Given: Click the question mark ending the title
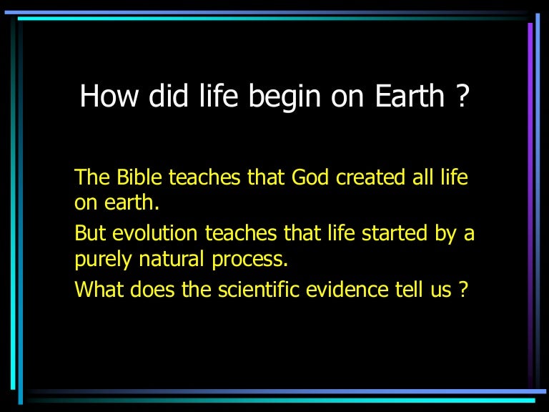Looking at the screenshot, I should coord(460,96).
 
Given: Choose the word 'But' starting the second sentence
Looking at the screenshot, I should coord(89,234).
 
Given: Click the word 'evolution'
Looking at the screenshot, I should coord(153,234).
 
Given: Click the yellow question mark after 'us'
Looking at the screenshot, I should coord(464,290).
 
